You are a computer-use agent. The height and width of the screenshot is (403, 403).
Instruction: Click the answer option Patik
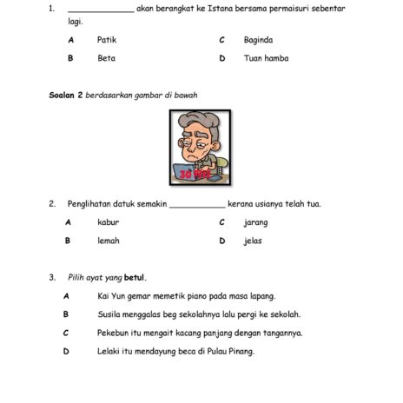[x=107, y=40]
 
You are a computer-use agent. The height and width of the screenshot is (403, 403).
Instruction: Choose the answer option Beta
[x=106, y=58]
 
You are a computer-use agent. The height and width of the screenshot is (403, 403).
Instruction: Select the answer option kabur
[x=108, y=222]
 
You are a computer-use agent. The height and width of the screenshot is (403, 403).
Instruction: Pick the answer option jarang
[x=255, y=222]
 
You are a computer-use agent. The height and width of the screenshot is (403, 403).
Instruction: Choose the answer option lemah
[x=108, y=241]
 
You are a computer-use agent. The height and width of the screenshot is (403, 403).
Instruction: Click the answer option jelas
[x=252, y=241]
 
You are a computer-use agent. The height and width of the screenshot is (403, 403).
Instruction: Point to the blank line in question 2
[x=196, y=206]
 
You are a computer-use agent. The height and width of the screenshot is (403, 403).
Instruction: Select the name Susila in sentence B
[x=109, y=314]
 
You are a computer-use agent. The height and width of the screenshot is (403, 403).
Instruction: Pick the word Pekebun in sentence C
[x=113, y=333]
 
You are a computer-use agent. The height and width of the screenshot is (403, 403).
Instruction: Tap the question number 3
[x=51, y=278]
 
